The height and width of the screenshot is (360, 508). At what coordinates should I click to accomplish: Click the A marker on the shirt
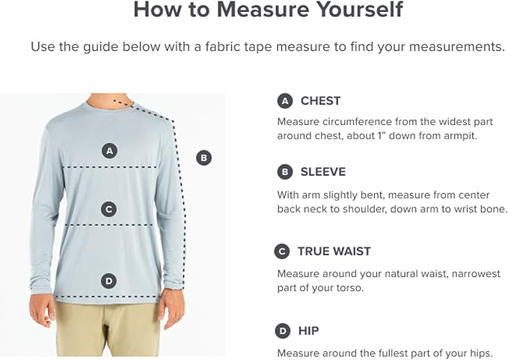point(109,151)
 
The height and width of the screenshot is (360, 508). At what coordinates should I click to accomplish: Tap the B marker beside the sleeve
point(203,158)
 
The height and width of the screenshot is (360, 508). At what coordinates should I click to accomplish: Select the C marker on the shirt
point(109,210)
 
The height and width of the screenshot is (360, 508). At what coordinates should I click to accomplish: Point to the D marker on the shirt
point(109,281)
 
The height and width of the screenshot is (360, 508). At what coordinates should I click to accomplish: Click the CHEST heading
point(320,101)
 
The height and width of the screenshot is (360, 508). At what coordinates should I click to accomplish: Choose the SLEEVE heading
point(323,171)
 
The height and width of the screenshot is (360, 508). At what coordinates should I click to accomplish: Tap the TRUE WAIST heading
point(334,251)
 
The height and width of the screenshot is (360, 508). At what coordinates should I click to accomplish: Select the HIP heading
point(308,331)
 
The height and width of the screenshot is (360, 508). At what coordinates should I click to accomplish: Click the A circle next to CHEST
point(285,101)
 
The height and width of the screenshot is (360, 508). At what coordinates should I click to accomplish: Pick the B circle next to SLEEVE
point(285,171)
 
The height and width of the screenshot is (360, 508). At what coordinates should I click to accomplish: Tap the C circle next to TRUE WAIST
point(282,251)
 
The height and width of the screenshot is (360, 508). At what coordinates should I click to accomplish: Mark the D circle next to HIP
point(283,331)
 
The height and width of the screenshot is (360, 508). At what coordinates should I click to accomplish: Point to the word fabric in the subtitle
point(222,46)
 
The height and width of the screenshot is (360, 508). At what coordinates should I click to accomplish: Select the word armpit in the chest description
point(460,135)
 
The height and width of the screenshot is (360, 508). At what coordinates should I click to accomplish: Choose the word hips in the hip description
point(481,353)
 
